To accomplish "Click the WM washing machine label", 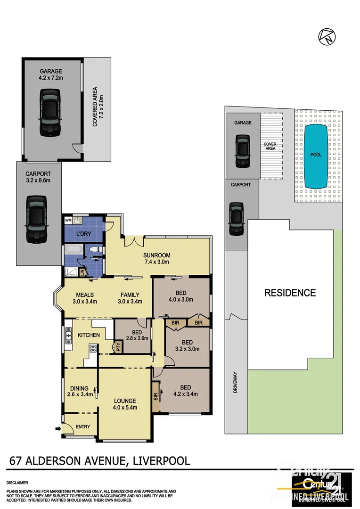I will click(68, 220).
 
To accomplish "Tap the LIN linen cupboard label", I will click(82, 272).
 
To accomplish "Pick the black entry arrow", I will click(58, 428).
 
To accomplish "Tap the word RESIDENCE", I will click(289, 293).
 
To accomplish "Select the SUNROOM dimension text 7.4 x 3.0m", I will click(156, 262).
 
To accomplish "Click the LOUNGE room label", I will click(125, 401).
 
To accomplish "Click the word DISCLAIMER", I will click(17, 483).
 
